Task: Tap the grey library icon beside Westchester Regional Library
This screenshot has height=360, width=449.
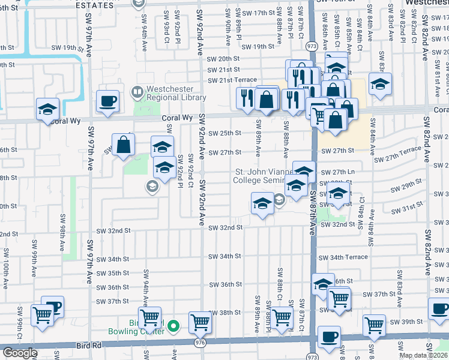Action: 137,93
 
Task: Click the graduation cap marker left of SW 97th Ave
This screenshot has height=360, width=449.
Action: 47,110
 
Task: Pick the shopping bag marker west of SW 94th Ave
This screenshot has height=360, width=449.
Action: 123,146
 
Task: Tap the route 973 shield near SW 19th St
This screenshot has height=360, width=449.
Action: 311,46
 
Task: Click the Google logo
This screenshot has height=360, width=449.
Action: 20,353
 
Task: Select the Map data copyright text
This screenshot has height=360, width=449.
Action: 423,355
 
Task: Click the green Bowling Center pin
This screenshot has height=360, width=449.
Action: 173,326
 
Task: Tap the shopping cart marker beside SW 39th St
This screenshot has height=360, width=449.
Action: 375,325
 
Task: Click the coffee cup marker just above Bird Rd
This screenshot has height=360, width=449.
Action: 328,337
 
